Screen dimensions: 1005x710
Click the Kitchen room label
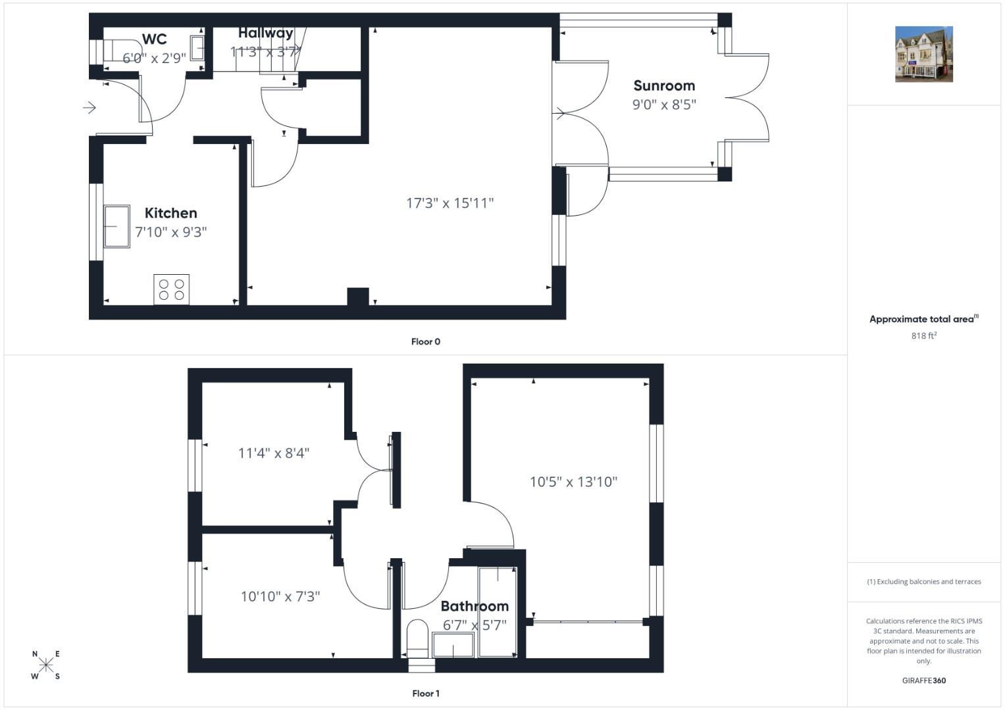click(x=170, y=213)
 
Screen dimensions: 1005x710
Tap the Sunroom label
click(x=664, y=85)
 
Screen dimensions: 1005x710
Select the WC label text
click(x=155, y=39)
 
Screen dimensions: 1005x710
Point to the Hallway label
click(x=266, y=33)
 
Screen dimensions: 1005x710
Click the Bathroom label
click(x=475, y=606)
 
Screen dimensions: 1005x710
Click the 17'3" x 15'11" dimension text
click(x=450, y=203)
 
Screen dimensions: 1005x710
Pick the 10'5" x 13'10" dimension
click(x=573, y=482)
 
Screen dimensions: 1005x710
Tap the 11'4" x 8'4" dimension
click(x=274, y=453)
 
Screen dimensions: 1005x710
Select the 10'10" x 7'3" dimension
click(x=280, y=597)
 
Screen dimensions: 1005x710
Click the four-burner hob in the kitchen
click(x=171, y=289)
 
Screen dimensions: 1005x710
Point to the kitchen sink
click(x=116, y=226)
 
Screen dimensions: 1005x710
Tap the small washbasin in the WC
click(x=197, y=48)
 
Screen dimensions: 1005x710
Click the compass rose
click(x=46, y=665)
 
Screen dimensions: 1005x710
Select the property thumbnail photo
click(x=924, y=54)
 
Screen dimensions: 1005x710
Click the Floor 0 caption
click(x=426, y=342)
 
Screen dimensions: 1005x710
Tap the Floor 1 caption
click(x=426, y=694)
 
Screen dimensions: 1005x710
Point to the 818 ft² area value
click(x=924, y=335)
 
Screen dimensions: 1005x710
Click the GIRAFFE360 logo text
click(x=924, y=680)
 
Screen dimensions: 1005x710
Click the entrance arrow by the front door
click(x=90, y=108)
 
